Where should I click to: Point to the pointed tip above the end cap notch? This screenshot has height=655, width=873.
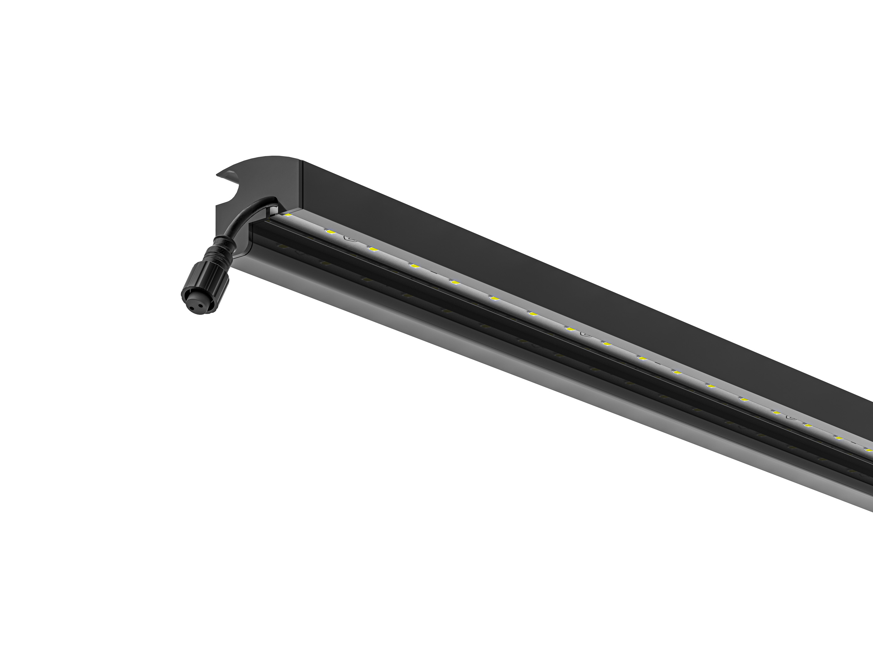coord(219,174)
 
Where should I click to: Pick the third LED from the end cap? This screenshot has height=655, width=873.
coord(373,249)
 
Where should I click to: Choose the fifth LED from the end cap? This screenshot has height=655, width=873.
coord(455,282)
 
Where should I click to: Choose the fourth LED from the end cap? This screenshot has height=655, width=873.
coord(414,266)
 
